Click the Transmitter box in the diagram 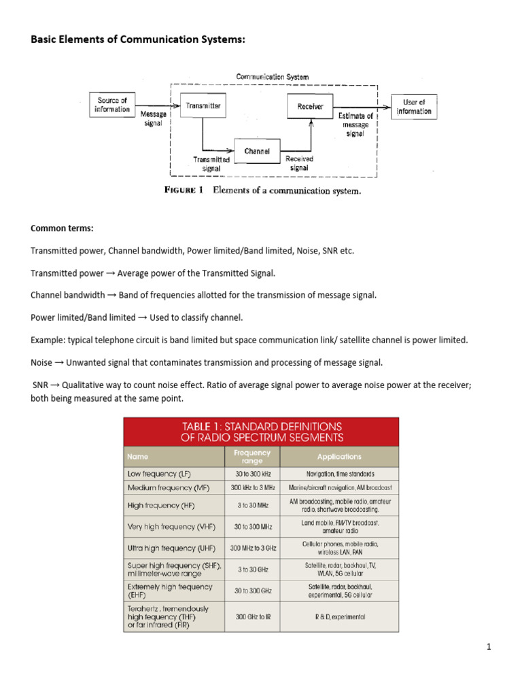click(x=203, y=106)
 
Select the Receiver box click(x=311, y=106)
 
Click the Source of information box click(x=113, y=105)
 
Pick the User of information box click(x=414, y=107)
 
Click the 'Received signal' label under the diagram click(x=299, y=163)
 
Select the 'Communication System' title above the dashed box click(x=272, y=77)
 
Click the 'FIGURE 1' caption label click(x=184, y=190)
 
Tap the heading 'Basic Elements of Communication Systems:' click(x=137, y=39)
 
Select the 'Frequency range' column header click(x=252, y=457)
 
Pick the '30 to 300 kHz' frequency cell click(x=252, y=474)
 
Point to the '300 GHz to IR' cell click(x=252, y=616)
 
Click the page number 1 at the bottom click(x=488, y=646)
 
